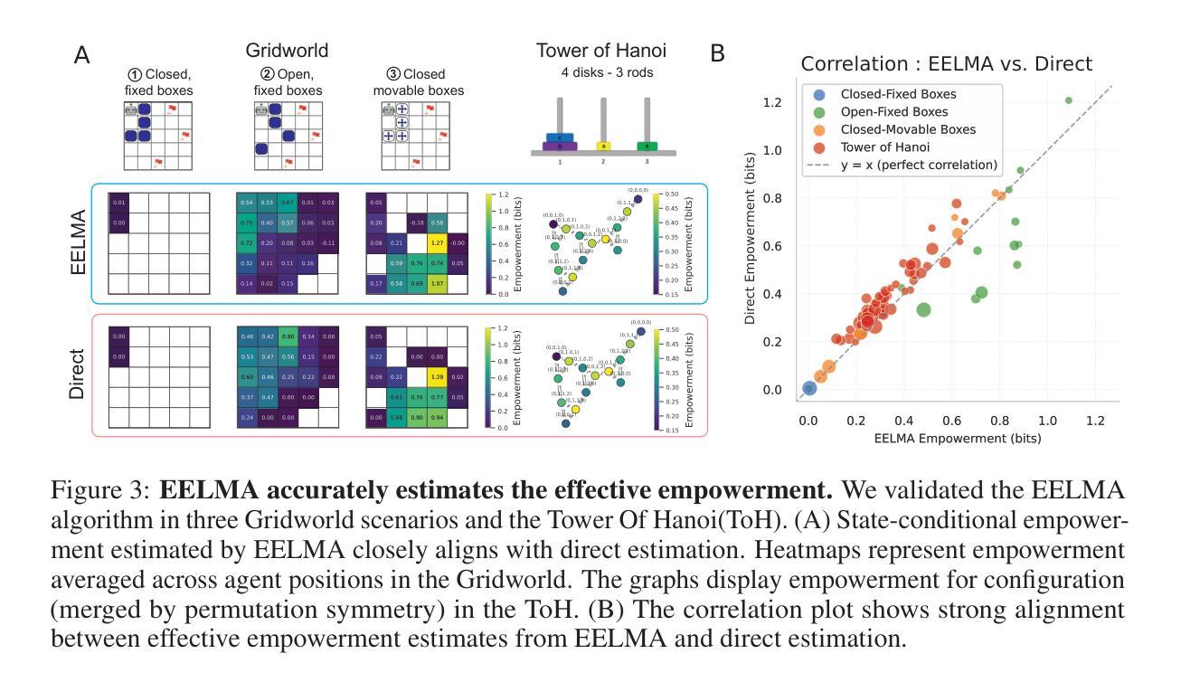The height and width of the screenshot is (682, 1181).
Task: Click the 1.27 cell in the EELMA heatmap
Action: click(x=435, y=242)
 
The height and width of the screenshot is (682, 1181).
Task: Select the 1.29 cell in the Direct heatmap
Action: click(x=435, y=374)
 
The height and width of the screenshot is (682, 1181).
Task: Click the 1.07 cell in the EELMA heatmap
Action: click(x=435, y=283)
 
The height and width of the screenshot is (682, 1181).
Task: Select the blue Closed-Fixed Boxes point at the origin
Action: click(x=810, y=388)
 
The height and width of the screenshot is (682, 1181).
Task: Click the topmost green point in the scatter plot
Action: click(x=1069, y=100)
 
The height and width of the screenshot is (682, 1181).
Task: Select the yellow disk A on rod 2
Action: click(x=604, y=145)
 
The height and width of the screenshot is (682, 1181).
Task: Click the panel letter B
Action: click(x=718, y=53)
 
